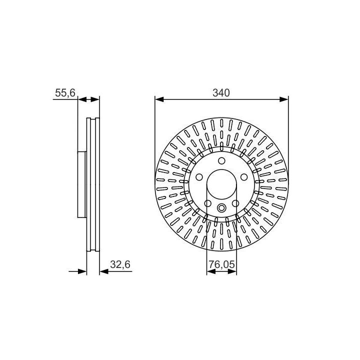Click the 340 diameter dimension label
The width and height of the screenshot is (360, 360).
click(221, 93)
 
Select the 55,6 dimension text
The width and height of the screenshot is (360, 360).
click(65, 93)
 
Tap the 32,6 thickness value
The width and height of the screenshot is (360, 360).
click(120, 264)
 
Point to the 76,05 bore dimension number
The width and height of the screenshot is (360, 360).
click(221, 264)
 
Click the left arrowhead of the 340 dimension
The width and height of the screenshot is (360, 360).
click(159, 99)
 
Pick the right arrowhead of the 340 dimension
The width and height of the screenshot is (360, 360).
click(284, 99)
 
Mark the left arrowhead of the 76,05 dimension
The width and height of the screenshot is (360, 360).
click(211, 271)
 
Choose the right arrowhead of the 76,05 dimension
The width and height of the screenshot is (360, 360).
click(232, 271)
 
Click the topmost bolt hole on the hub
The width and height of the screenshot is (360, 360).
click(221, 160)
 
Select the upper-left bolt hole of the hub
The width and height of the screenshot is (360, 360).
click(199, 177)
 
